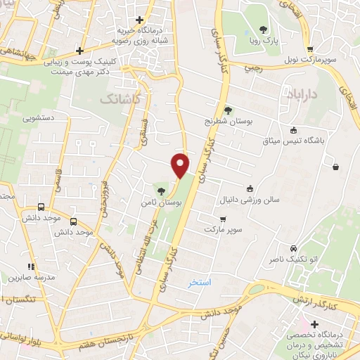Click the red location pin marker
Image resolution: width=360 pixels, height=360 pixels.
coord(181,165)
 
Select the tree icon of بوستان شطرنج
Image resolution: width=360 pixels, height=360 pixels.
coord(228,110)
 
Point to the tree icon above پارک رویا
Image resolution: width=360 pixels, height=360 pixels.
coord(264,30)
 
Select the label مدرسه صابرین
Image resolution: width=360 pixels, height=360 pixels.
coord(31,277)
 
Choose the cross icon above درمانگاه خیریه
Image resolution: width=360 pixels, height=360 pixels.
coord(140,19)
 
